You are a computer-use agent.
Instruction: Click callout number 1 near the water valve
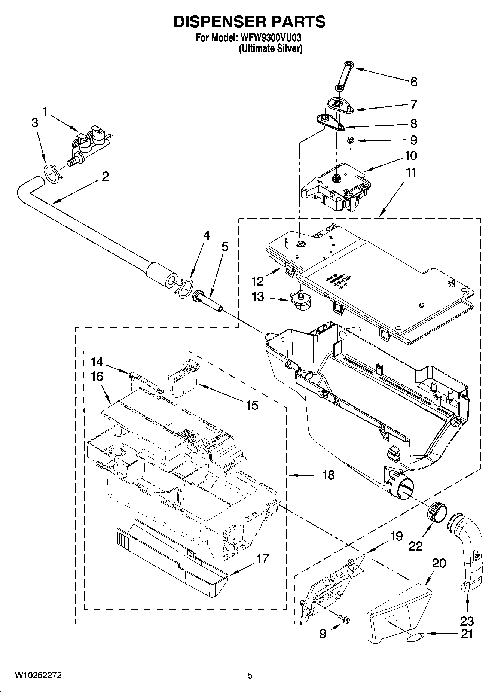(45, 111)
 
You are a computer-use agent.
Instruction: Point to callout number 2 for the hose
(105, 176)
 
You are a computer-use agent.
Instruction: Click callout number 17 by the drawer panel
(262, 559)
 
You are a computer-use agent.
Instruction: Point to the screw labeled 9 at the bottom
(343, 620)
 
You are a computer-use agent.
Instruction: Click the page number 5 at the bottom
(250, 676)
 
